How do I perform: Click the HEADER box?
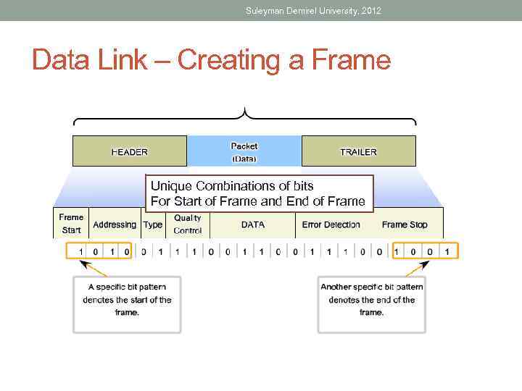pos(129,151)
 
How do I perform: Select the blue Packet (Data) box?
pos(244,151)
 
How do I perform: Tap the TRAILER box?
pos(358,151)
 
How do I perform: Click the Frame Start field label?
pos(71,224)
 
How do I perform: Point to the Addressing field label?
pos(115,224)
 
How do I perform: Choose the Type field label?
pos(153,224)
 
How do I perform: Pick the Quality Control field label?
pos(188,224)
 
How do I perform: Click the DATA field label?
pos(253,224)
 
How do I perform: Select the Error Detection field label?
pos(331,224)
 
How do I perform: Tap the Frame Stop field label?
pos(405,224)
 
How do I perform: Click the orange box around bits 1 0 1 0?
pos(99,251)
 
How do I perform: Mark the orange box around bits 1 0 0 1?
pos(424,251)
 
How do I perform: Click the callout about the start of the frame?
pos(127,300)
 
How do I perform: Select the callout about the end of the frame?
pos(372,300)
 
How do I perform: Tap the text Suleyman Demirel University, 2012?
pos(313,11)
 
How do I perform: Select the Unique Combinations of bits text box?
pos(259,193)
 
